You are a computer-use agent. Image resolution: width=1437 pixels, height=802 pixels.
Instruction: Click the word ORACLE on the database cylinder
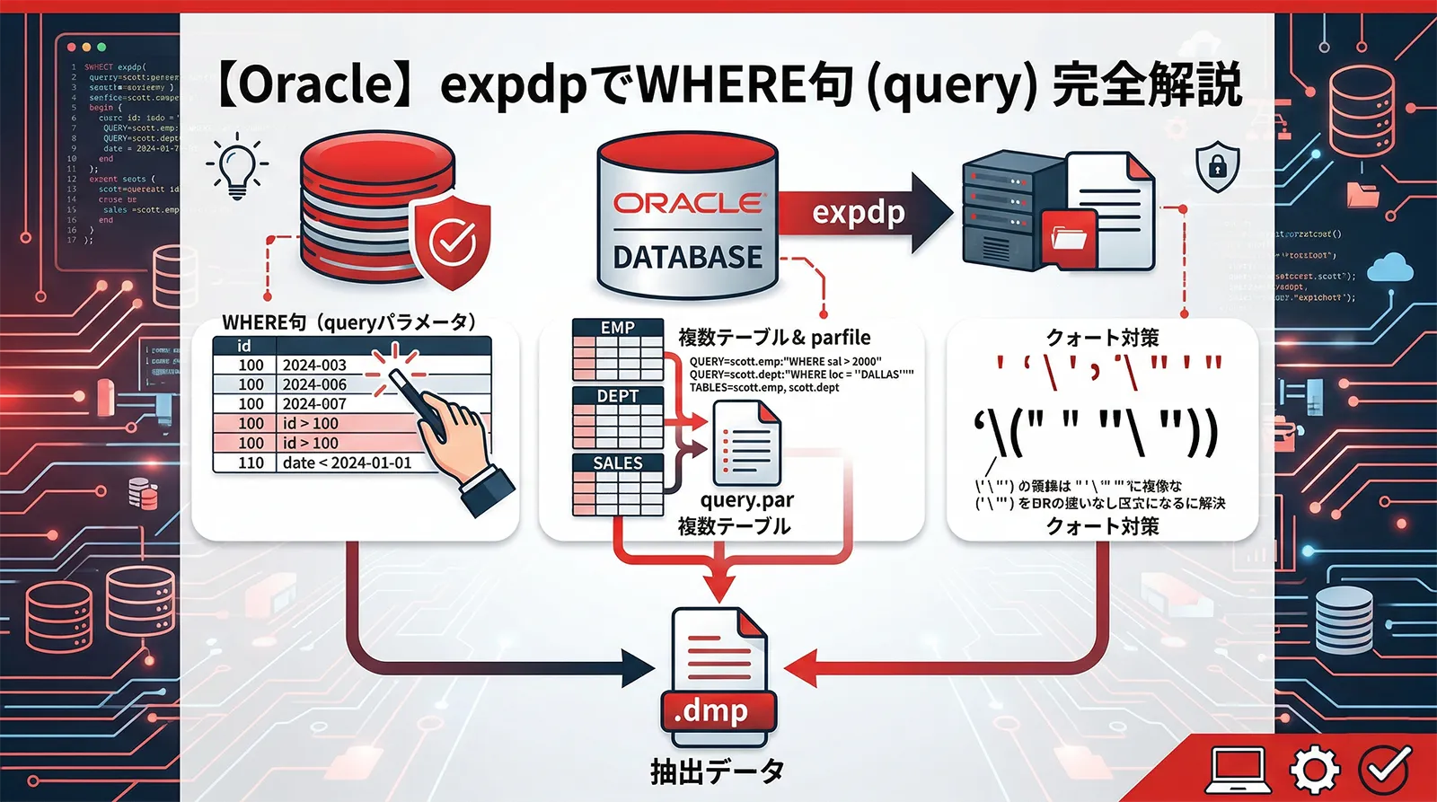click(687, 203)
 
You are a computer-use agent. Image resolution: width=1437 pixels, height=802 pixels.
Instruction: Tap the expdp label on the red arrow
click(858, 213)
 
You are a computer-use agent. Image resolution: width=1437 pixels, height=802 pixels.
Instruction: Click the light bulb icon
click(237, 166)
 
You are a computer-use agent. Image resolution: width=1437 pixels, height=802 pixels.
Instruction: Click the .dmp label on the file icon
click(712, 711)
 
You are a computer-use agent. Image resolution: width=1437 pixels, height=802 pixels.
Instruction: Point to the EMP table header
click(618, 328)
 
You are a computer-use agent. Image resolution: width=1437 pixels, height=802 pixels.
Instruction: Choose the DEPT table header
click(618, 396)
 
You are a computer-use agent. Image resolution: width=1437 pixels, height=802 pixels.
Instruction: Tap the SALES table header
click(618, 463)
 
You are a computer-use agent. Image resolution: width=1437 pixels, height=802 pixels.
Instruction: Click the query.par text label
click(747, 500)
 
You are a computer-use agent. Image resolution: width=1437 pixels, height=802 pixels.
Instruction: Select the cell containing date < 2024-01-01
click(347, 463)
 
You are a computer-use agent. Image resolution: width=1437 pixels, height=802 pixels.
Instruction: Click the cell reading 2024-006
click(314, 384)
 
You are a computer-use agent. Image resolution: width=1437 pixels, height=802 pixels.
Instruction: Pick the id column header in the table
click(244, 346)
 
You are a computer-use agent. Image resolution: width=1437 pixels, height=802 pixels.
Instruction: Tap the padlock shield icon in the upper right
click(1217, 167)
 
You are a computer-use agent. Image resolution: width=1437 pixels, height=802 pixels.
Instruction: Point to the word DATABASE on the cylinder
click(687, 258)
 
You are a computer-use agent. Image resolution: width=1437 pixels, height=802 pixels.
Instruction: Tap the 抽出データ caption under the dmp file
click(718, 771)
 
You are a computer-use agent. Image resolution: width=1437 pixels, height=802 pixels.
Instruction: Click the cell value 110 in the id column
click(251, 463)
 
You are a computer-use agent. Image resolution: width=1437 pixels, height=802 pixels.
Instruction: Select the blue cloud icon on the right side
click(1393, 267)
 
